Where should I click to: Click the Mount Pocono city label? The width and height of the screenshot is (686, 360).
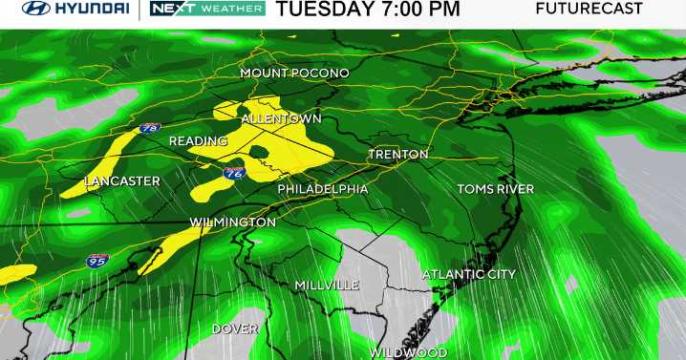294,74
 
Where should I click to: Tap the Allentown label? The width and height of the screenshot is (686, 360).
281,119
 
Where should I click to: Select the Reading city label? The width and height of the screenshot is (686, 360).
198,141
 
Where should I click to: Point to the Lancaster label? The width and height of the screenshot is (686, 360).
121,181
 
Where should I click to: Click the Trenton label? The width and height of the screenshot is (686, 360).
398,155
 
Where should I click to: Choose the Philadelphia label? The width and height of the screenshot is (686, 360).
322,190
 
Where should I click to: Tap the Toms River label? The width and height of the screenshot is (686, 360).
495,189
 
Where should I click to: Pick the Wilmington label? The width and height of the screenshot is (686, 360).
233,222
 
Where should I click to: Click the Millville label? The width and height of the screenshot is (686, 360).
327,286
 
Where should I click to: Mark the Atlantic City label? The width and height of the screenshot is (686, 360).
469,275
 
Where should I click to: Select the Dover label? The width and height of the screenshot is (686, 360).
235,328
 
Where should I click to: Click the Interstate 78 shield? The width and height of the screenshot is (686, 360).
149,127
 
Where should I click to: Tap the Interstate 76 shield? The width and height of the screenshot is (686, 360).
234,173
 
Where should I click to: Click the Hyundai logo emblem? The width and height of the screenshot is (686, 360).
30,10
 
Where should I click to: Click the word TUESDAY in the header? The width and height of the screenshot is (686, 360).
330,10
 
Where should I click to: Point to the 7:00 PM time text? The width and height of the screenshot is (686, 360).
423,10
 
